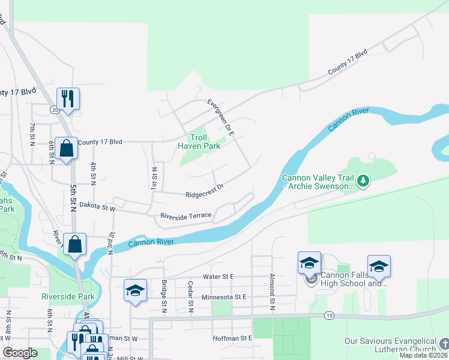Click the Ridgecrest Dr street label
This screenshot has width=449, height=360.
[x=204, y=191]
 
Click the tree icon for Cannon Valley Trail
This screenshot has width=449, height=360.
[x=363, y=181]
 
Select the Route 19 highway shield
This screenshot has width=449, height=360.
[x=328, y=315]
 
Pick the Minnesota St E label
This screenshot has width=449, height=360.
[x=224, y=297]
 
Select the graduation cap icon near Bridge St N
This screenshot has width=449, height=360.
[x=135, y=290]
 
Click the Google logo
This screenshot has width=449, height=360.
[x=20, y=353]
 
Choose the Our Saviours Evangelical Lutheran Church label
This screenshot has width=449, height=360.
[x=390, y=345]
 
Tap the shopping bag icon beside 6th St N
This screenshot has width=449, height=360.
[x=66, y=148]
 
